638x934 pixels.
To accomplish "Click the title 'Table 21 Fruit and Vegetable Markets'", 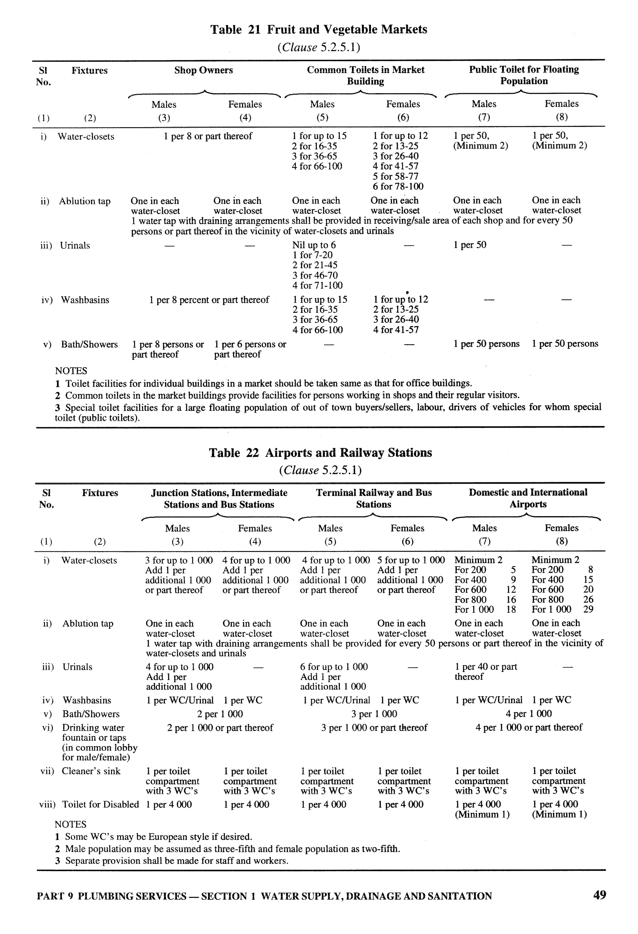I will (319, 29).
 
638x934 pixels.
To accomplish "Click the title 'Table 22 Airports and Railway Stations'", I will (320, 453).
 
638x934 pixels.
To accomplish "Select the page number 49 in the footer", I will (599, 895).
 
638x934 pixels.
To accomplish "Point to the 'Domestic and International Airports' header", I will (528, 498).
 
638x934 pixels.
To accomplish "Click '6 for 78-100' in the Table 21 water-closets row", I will (398, 186).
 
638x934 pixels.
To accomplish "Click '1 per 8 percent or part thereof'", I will (209, 300).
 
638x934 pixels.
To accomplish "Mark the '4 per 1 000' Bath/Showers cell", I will (528, 713).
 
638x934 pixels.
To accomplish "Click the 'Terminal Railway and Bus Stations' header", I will (374, 498).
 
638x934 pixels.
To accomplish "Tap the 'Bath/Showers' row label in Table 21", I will (89, 344).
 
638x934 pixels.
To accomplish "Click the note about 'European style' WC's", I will (158, 837).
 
